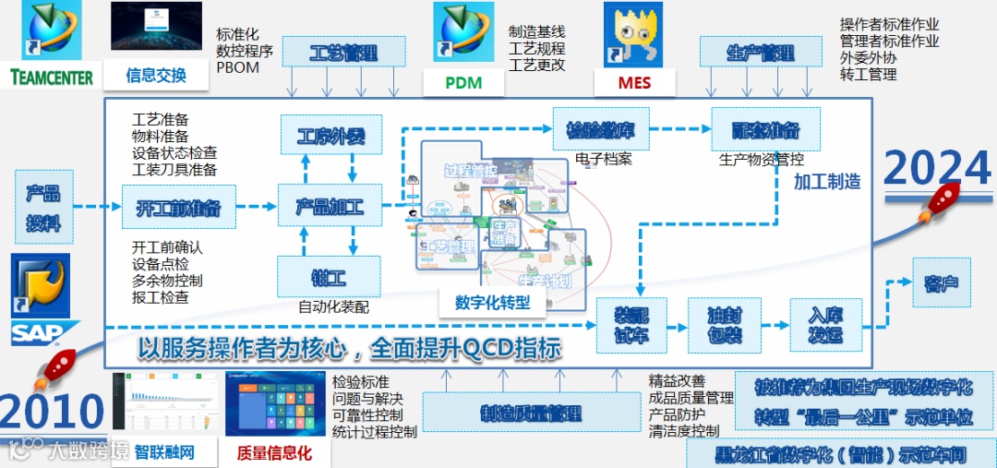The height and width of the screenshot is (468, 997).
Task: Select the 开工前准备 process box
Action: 177,206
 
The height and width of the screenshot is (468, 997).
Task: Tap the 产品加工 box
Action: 329,206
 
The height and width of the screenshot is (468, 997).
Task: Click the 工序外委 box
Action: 329,138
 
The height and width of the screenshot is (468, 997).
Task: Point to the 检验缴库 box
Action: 600,128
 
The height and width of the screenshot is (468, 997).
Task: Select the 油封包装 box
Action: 723,324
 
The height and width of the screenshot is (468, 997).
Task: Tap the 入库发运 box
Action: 825,324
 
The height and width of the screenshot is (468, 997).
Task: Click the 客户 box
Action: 942,282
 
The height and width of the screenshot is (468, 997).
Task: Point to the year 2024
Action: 936,169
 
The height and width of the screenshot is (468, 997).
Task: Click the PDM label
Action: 463,82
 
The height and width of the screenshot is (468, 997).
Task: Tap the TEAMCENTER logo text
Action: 52,77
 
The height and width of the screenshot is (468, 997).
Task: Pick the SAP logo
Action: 42,330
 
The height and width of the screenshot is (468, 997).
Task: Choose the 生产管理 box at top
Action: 760,53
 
